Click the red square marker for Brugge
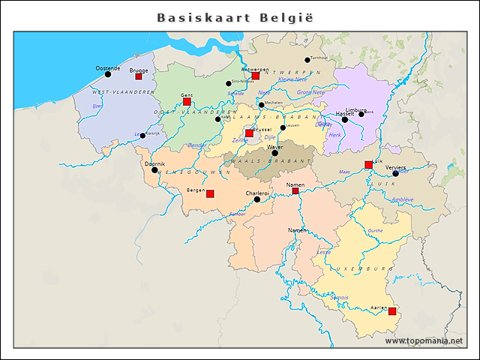coord(138,76)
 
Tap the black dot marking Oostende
coord(108,74)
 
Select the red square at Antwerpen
coord(255,76)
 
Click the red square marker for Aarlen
coord(392,311)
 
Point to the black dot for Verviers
coord(395,173)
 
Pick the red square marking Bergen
coord(210,193)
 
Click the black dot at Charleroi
coord(256,199)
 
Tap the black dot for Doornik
coord(154,170)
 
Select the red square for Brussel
coord(249,133)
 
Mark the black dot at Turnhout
coord(307,60)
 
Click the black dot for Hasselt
coord(345,119)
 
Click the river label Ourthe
coord(375,231)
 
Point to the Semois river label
coord(339,298)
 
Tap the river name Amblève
coord(402,199)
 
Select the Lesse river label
coord(323,253)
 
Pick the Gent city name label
coord(187,95)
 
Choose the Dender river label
coord(196,145)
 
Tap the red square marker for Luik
coord(368,164)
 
